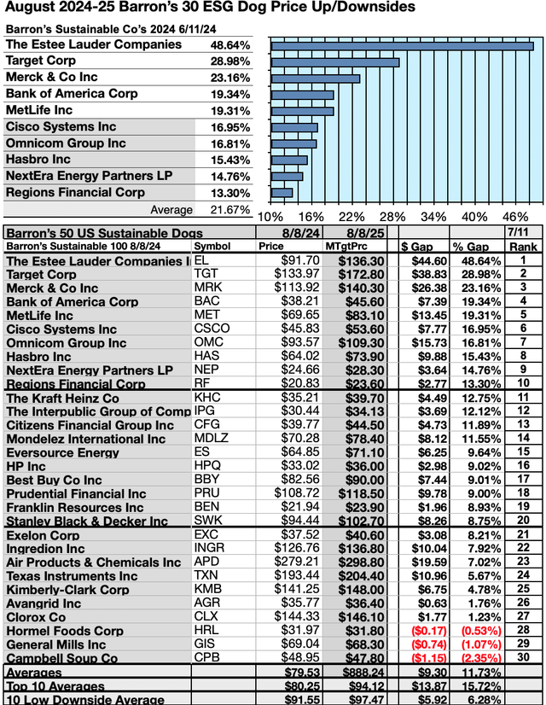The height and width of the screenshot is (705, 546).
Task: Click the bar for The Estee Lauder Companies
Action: pyautogui.click(x=402, y=45)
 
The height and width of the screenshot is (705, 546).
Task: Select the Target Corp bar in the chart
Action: pyautogui.click(x=335, y=61)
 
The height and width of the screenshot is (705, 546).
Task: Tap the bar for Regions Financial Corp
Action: pyautogui.click(x=282, y=192)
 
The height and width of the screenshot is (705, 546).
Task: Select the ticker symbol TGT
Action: pyautogui.click(x=206, y=274)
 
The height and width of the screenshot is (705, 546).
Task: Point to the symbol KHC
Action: pyautogui.click(x=207, y=397)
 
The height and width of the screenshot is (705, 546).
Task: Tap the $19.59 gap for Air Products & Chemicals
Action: pyautogui.click(x=423, y=562)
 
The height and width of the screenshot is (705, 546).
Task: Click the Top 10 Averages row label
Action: pyautogui.click(x=56, y=685)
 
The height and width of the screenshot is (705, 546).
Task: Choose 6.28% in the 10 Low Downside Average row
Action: pyautogui.click(x=475, y=699)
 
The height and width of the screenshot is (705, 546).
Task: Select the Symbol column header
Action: pyautogui.click(x=212, y=246)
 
